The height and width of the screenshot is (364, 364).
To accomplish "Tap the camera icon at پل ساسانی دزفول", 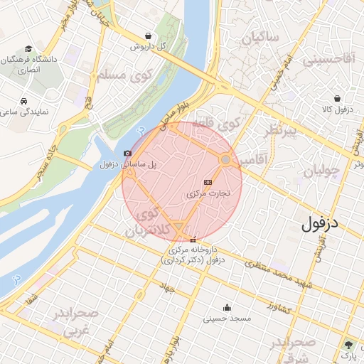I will coord(127,154).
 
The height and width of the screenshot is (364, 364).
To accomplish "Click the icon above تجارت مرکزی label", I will coord(208,182).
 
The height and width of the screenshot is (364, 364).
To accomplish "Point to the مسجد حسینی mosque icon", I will coord(227,308).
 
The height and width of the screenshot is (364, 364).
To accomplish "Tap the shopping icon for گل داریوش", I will coord(147,35).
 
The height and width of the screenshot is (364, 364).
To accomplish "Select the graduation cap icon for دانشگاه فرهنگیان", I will coord(28,49).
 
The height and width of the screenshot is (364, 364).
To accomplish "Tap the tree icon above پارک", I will coord(348,344).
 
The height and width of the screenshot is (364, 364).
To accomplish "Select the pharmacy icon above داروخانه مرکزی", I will coord(193,240).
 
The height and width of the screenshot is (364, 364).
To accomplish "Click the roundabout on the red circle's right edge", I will coord(225,161).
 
